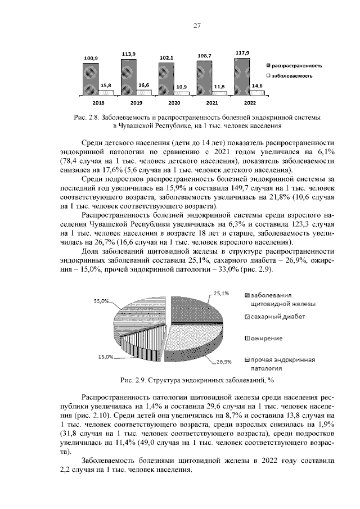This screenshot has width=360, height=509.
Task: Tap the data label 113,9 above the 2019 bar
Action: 129,54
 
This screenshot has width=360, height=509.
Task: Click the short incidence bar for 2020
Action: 182,93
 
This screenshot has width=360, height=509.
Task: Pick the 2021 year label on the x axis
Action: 212,103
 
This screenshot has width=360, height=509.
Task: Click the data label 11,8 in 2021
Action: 219,87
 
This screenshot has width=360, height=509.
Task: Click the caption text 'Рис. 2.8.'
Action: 86,118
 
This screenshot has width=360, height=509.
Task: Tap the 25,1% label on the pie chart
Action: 221,293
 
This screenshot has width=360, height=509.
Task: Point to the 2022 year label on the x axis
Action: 250,103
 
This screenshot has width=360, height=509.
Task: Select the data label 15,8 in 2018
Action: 105,85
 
